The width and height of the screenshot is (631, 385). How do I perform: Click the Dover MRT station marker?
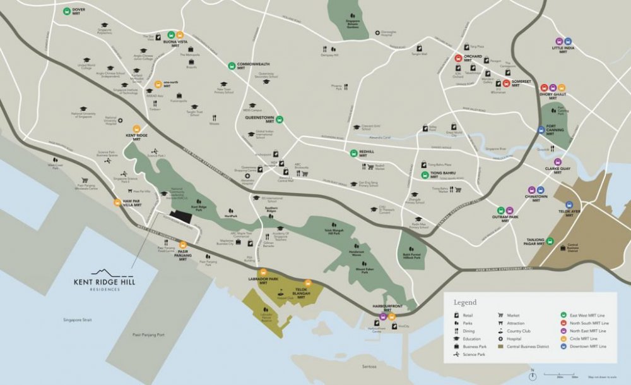tap(67, 11)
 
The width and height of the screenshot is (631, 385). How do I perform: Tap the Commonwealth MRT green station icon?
tap(232, 64)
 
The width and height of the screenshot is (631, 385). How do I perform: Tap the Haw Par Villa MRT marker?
tap(117, 202)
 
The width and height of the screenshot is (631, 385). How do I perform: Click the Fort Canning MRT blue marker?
tap(541, 130)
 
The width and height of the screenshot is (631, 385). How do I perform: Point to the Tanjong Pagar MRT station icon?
tap(550, 240)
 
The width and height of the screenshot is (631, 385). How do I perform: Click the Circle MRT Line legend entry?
tap(586, 338)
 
